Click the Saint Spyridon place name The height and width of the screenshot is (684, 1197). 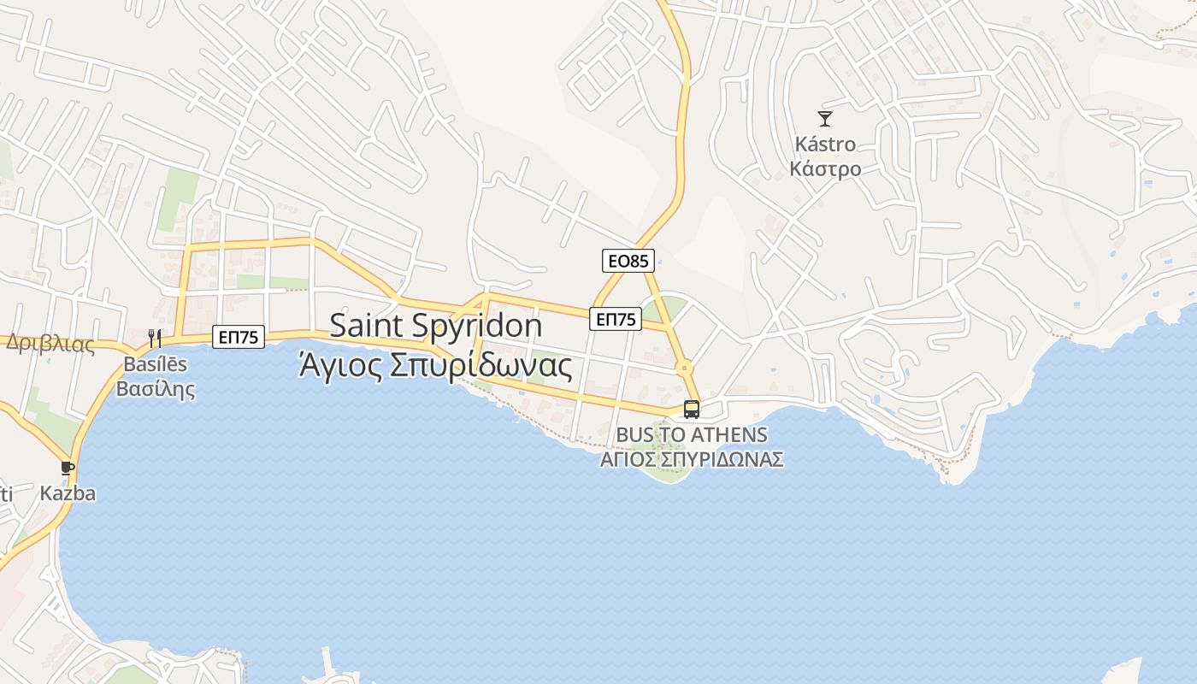tap(435, 326)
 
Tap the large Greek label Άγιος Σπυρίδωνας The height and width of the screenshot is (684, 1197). tap(435, 365)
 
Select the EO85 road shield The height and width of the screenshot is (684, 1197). tap(628, 261)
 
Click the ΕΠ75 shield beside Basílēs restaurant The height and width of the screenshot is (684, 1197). tap(239, 337)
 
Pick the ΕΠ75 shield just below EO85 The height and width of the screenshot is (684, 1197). tap(616, 320)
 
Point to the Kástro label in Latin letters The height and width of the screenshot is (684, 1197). tap(825, 144)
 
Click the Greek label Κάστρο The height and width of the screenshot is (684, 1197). tap(825, 168)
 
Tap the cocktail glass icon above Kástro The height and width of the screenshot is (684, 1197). tap(825, 119)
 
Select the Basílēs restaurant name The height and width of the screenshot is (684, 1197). tap(156, 364)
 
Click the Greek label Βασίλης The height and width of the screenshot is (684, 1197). tap(156, 389)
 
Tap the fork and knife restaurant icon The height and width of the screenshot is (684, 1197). tap(155, 339)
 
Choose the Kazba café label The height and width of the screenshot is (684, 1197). tap(68, 493)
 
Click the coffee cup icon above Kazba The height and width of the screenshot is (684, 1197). tap(68, 468)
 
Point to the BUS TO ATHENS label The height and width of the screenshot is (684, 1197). tap(692, 434)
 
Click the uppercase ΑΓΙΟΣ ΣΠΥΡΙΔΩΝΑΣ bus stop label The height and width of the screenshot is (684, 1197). tap(692, 459)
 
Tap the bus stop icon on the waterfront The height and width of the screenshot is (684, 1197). tap(692, 409)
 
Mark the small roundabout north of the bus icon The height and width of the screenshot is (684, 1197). tap(684, 369)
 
